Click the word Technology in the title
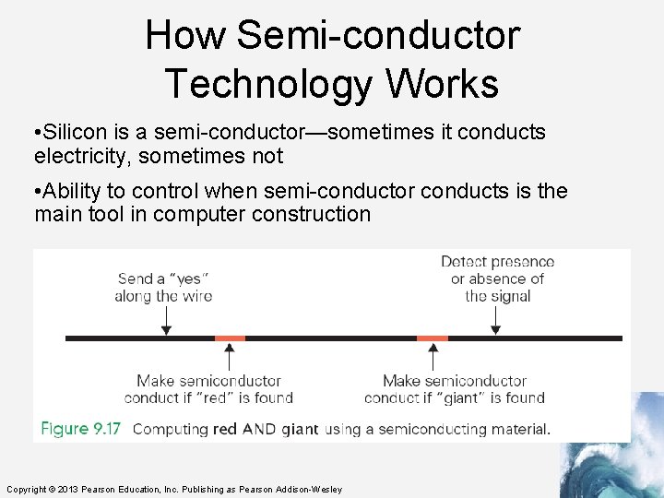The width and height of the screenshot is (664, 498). [x=268, y=84]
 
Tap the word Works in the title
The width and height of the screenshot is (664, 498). [x=442, y=84]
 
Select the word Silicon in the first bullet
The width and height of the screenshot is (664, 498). [x=74, y=132]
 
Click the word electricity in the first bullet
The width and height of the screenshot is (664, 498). [x=85, y=156]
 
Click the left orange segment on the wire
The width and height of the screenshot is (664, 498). [x=230, y=338]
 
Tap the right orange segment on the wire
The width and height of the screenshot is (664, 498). [x=433, y=338]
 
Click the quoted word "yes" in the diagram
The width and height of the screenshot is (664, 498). [x=191, y=279]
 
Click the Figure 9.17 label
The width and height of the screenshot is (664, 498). [x=81, y=429]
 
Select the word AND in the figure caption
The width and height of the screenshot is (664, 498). [x=258, y=429]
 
